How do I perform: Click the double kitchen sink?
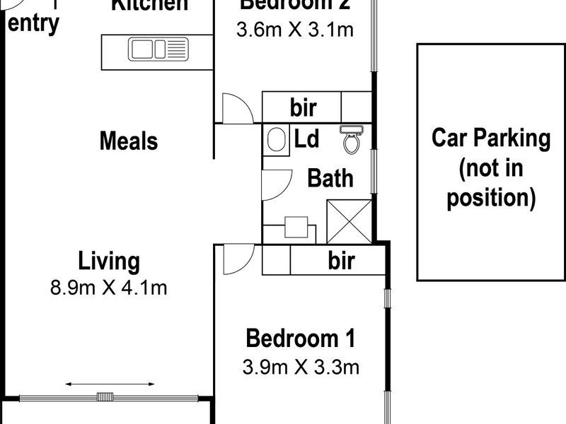tap(158, 49)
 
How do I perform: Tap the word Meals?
tap(128, 141)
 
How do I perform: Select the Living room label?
tap(109, 261)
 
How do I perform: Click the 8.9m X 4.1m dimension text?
tap(109, 288)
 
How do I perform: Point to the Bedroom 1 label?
tap(300, 338)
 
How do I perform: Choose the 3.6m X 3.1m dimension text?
tap(295, 30)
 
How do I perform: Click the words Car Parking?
tap(491, 138)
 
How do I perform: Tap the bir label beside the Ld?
tap(303, 108)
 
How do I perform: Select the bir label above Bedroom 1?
tap(341, 261)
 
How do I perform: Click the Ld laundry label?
tap(306, 139)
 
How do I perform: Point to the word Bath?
tap(330, 177)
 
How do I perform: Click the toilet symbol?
tap(351, 140)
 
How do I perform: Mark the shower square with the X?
tap(349, 222)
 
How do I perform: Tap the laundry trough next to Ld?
tap(277, 139)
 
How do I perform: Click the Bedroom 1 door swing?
tap(237, 259)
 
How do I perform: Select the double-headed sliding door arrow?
tap(110, 384)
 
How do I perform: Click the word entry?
tap(33, 23)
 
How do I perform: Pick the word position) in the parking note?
tap(491, 197)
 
